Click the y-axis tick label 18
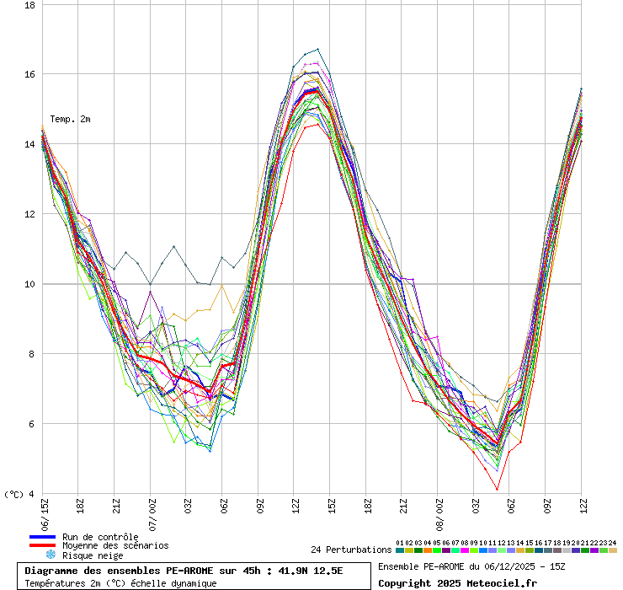click(29, 5)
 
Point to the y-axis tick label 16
click(29, 74)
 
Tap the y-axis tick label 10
click(29, 284)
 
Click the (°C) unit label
click(13, 494)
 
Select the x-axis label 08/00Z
click(439, 513)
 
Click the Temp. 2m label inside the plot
click(70, 119)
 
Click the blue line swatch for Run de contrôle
click(42, 537)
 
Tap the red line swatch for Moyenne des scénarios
click(42, 546)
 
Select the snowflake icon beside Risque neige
click(50, 555)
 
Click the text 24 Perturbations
click(351, 550)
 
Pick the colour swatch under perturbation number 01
click(400, 550)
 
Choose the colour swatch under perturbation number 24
click(613, 550)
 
